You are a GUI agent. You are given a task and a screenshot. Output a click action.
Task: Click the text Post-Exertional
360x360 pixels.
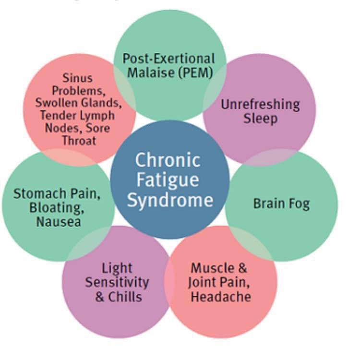tap(168, 59)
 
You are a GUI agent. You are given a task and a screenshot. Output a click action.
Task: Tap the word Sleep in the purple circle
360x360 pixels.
tap(260, 119)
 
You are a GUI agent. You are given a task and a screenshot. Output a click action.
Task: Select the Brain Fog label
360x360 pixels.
tap(281, 204)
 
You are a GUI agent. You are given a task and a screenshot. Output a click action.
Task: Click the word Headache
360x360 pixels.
tap(221, 297)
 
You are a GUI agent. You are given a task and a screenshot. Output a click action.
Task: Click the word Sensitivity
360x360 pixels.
tap(117, 282)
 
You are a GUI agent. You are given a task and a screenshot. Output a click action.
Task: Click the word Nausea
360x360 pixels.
tap(58, 222)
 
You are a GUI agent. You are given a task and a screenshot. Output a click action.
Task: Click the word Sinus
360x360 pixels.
tap(77, 78)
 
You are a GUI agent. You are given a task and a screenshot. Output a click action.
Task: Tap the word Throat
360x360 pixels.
tap(79, 141)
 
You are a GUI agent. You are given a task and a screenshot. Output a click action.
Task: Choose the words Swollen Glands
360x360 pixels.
tap(78, 103)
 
